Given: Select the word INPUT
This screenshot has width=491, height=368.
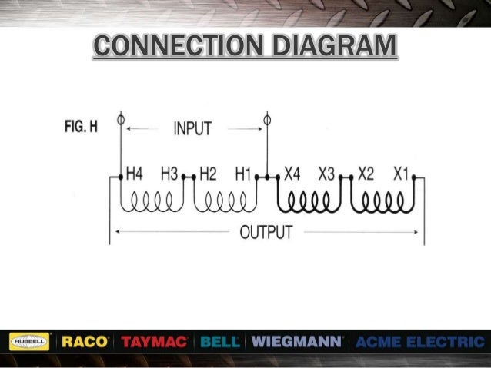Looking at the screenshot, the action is pyautogui.click(x=192, y=129).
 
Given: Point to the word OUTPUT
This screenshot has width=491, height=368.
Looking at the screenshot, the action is pyautogui.click(x=266, y=230).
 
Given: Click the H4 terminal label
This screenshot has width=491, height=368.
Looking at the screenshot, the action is pyautogui.click(x=134, y=174).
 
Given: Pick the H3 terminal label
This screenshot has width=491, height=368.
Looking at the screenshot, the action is pyautogui.click(x=170, y=174).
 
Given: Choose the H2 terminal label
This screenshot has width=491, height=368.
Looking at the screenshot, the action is pyautogui.click(x=208, y=174).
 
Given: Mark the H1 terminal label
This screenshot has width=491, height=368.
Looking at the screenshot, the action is pyautogui.click(x=243, y=174).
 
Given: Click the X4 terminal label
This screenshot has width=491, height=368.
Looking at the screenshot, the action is pyautogui.click(x=292, y=174).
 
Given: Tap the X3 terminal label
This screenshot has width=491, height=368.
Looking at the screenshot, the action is pyautogui.click(x=326, y=174).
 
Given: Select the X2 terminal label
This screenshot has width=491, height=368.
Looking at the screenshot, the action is pyautogui.click(x=366, y=174).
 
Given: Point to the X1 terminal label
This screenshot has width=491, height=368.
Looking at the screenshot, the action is pyautogui.click(x=401, y=174).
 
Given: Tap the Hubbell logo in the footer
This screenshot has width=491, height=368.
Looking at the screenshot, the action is pyautogui.click(x=29, y=341).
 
